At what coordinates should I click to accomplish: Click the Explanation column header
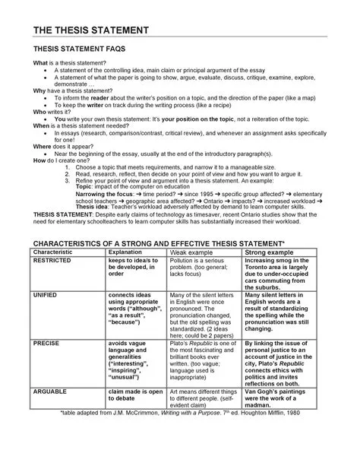tap(125, 251)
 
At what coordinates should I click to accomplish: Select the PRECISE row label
tap(48, 344)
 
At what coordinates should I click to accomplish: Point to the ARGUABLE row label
tap(51, 391)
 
